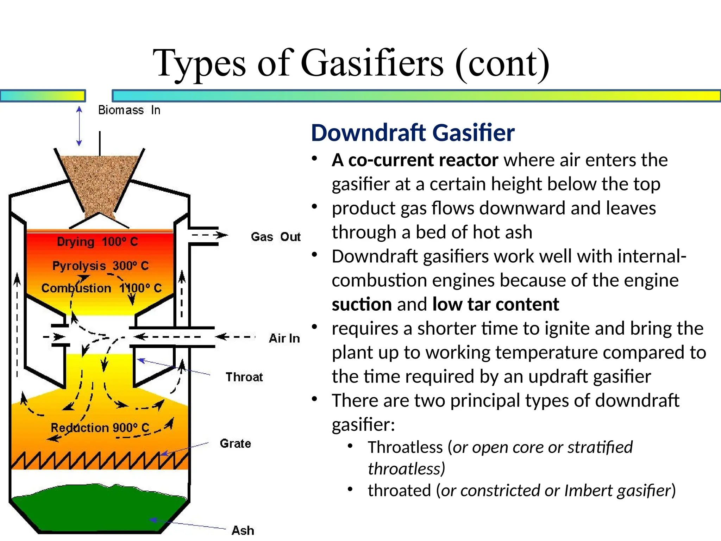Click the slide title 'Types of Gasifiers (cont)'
coord(351,64)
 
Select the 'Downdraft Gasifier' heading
coord(413,133)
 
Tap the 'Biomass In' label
coord(129,110)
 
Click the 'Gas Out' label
coord(276,237)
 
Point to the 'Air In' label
coord(284,338)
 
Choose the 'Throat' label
coord(244,377)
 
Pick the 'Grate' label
coord(236,443)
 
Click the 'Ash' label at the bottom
coord(243,530)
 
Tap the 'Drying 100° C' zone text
coord(98,242)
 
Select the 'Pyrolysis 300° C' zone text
coord(101,266)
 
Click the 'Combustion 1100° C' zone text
coord(101,288)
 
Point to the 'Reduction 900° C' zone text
coord(100,428)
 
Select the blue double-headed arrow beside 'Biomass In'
coord(79,126)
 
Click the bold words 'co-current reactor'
coord(423,160)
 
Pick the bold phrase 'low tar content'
coord(495,304)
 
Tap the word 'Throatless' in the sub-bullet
coord(405,447)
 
